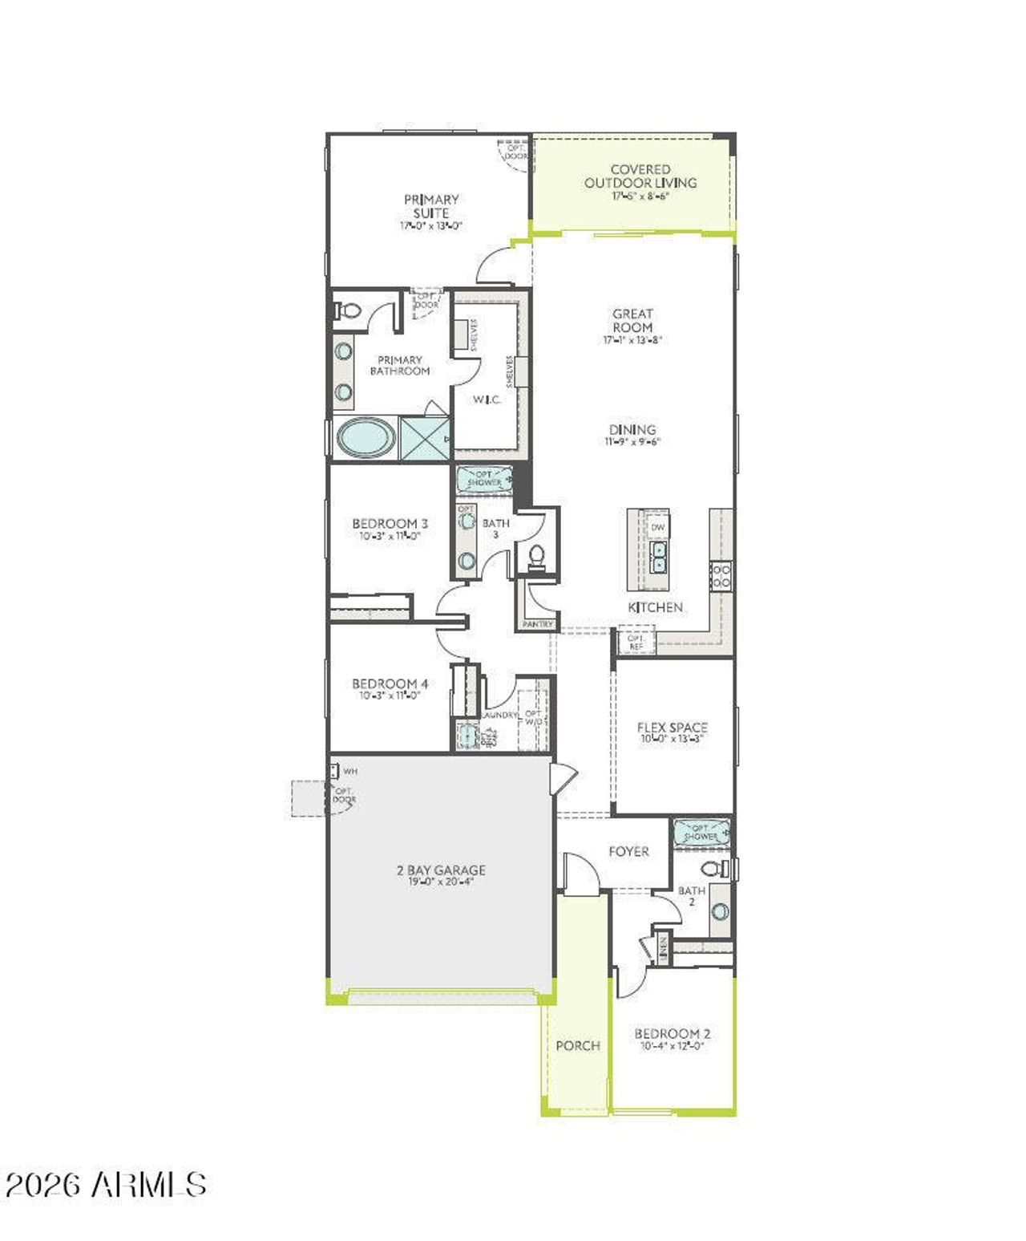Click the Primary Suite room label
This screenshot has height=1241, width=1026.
(431, 206)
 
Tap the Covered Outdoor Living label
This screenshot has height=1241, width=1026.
(640, 176)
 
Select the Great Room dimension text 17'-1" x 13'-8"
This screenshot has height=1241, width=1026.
(632, 340)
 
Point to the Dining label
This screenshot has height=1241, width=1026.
(632, 430)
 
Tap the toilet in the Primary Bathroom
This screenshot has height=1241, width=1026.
(348, 310)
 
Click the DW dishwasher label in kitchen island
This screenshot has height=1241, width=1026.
(658, 527)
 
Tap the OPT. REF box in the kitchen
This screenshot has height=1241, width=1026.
(636, 642)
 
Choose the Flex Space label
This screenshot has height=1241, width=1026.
(673, 728)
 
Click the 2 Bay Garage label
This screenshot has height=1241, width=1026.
(441, 870)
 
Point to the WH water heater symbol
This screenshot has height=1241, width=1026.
(334, 772)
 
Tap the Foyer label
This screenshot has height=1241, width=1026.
(628, 851)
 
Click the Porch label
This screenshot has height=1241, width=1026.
(578, 1045)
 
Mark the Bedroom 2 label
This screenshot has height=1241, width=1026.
(672, 1034)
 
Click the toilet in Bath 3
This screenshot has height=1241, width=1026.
(536, 555)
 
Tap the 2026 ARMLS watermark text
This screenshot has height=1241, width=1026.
(106, 1184)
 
